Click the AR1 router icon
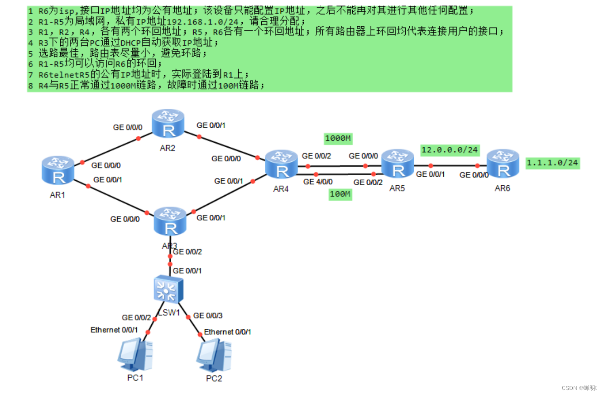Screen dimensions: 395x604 click(x=58, y=170)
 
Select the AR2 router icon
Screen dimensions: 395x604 click(x=168, y=123)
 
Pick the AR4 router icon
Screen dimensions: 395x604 click(x=282, y=164)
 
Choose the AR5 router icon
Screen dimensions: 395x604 click(x=397, y=164)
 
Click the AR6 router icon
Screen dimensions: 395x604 click(x=503, y=164)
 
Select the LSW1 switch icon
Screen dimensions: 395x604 click(x=168, y=289)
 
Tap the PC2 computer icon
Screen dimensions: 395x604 click(x=214, y=356)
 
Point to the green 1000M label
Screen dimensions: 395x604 click(x=338, y=138)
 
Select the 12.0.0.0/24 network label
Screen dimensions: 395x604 click(x=450, y=149)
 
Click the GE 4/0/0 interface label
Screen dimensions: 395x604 click(x=317, y=182)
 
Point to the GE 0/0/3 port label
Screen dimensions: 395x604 click(x=208, y=315)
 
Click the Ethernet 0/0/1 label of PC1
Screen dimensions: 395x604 click(x=114, y=330)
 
